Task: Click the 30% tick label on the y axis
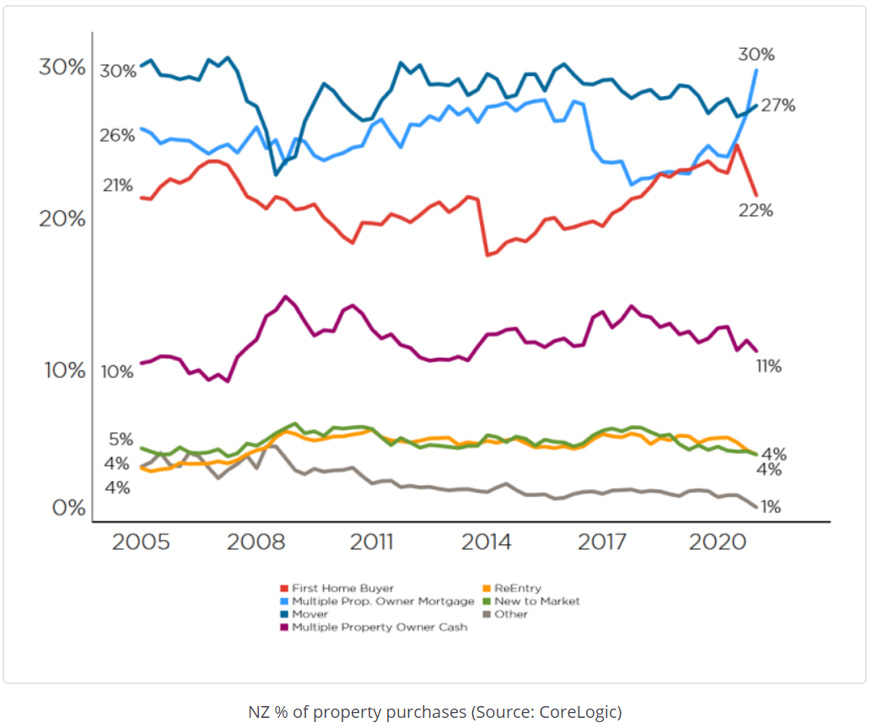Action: [x=62, y=67]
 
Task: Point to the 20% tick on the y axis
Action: [x=62, y=219]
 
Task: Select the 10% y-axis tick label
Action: [x=62, y=370]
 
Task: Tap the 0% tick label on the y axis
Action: [x=67, y=508]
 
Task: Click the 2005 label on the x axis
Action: [x=140, y=542]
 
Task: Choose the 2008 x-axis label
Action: [x=256, y=542]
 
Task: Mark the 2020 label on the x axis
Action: [x=715, y=542]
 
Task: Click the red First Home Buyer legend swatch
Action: [x=284, y=588]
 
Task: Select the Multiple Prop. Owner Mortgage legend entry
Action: [x=383, y=601]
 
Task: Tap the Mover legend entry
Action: [x=310, y=614]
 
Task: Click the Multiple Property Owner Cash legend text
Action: [x=379, y=628]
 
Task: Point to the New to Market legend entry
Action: [x=537, y=601]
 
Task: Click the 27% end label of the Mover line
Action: [x=777, y=105]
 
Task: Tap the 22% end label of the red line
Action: [x=756, y=211]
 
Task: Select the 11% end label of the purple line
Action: [x=768, y=366]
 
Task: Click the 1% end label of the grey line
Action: [x=769, y=507]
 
